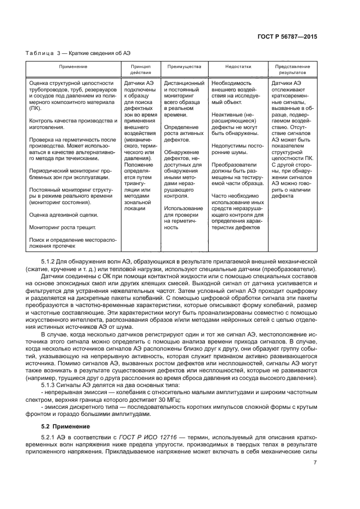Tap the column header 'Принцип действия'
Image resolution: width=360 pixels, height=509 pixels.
coord(141,70)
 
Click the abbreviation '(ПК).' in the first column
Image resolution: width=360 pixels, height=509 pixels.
coord(36,108)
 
